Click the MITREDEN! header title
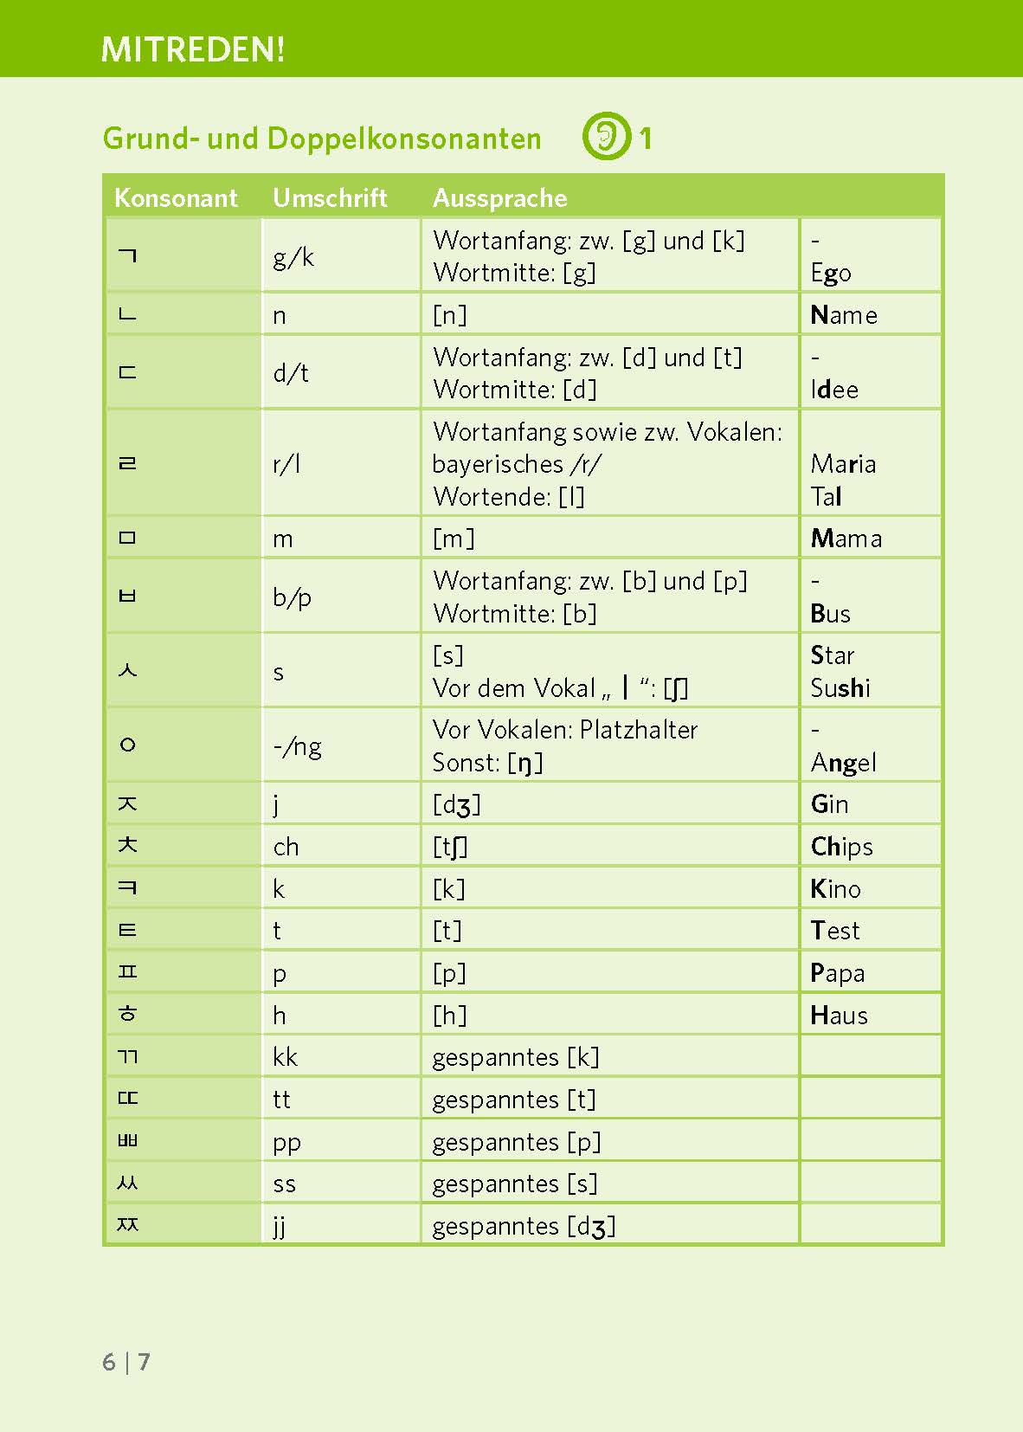click(192, 49)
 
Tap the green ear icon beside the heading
click(606, 136)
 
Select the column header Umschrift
click(330, 198)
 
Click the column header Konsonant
click(176, 198)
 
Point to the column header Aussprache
click(499, 198)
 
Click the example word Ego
click(831, 274)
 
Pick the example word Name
click(844, 315)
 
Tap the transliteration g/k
click(293, 257)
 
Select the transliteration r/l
click(286, 464)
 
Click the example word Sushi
click(840, 688)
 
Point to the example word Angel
click(844, 763)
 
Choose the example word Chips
click(841, 847)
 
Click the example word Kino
click(835, 889)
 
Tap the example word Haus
click(839, 1016)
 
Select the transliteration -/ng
click(297, 746)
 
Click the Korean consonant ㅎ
click(128, 1013)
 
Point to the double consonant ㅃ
click(127, 1140)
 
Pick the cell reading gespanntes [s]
click(515, 1184)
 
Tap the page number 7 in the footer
click(144, 1362)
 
